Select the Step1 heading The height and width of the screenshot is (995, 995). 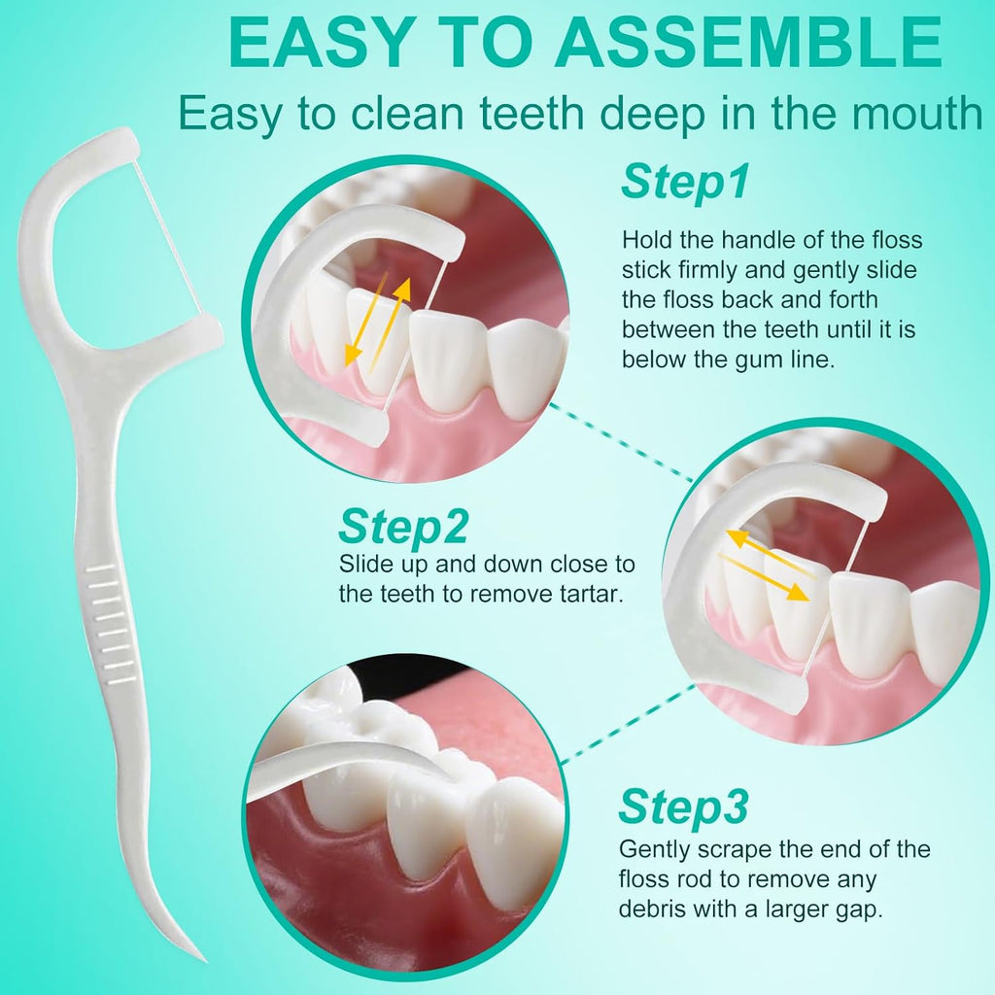[x=685, y=182]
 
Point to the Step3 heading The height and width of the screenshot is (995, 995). [x=683, y=806]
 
